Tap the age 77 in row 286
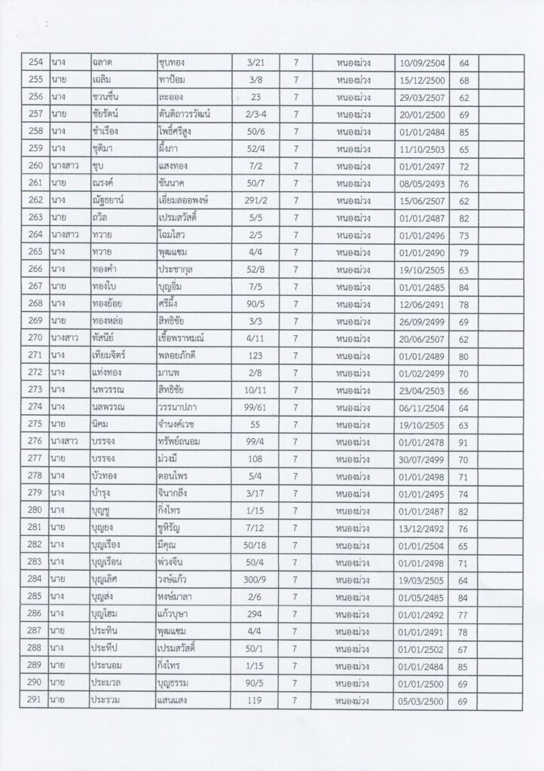click(x=463, y=616)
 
